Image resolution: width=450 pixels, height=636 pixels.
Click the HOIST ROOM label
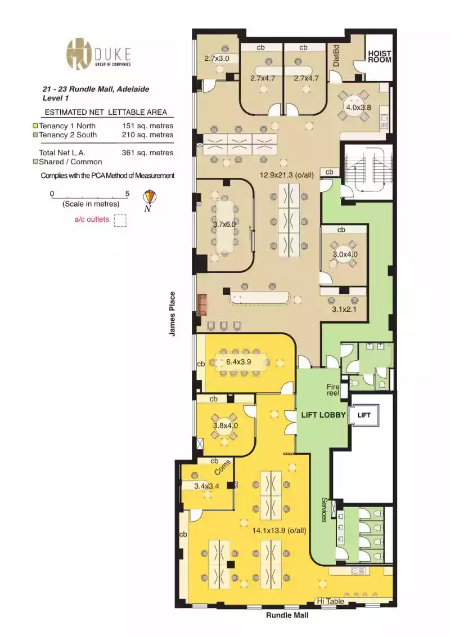pos(379,56)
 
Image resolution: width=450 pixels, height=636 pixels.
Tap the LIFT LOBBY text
pos(323,415)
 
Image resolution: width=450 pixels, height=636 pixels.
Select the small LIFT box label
pos(364,415)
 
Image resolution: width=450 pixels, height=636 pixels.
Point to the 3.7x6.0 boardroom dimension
pos(224,223)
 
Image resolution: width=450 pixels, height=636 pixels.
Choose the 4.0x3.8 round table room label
pos(359,108)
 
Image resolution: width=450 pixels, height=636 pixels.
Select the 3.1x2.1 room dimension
pos(344,309)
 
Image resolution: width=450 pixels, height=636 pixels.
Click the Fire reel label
pos(334,390)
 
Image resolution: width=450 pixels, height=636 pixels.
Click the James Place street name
pos(173,314)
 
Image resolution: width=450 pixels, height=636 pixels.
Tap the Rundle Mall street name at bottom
pos(287,615)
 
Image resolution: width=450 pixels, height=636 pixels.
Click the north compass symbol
pos(150,198)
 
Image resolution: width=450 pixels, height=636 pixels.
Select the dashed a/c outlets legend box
pos(120,220)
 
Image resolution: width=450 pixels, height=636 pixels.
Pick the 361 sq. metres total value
pos(147,153)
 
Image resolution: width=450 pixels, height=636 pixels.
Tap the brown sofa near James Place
pos(202,304)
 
